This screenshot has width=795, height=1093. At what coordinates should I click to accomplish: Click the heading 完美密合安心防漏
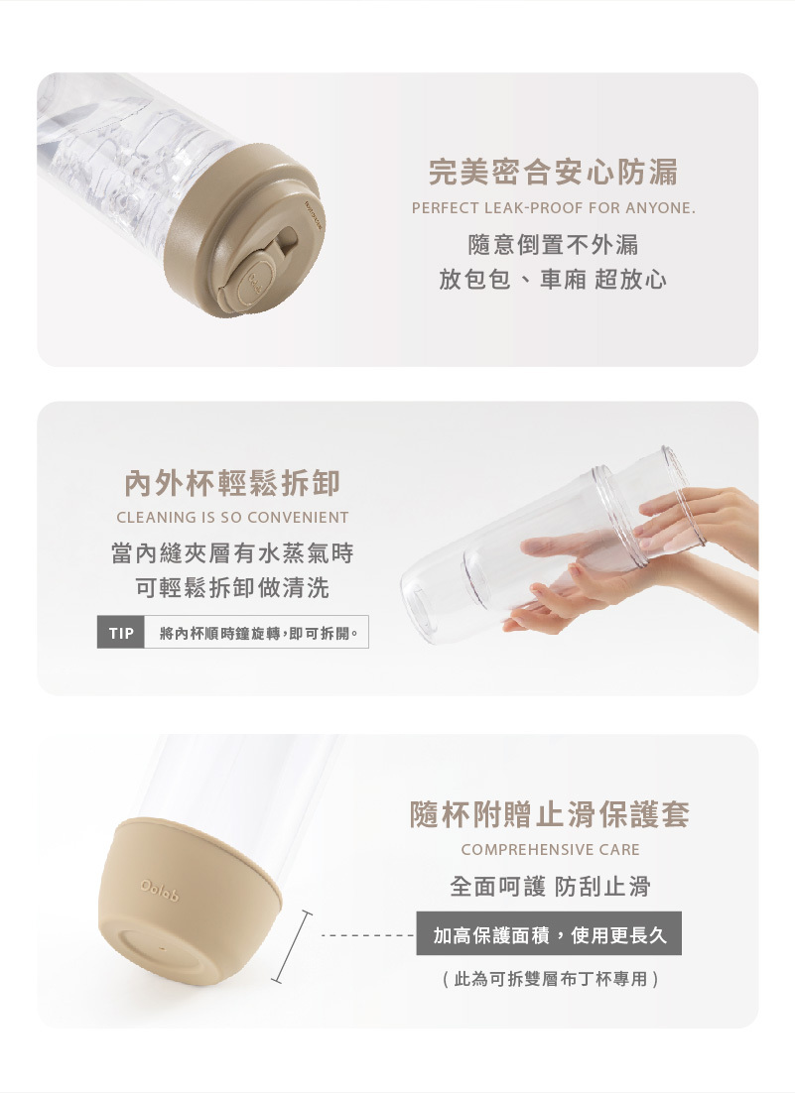(x=553, y=173)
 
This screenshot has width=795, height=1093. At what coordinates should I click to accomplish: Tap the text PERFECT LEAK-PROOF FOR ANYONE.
(x=554, y=207)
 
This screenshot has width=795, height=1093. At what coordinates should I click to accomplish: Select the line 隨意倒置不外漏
(x=553, y=245)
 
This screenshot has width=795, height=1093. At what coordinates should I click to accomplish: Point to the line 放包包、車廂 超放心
(x=553, y=280)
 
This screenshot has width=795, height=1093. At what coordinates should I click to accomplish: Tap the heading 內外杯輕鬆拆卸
(x=232, y=483)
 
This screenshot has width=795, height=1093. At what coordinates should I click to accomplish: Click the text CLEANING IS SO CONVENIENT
(x=232, y=517)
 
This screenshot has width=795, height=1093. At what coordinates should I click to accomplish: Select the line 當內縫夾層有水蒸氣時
(x=232, y=553)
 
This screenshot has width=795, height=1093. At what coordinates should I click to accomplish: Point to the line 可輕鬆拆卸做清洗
(x=232, y=587)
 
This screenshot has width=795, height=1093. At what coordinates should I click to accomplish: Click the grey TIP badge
(x=121, y=633)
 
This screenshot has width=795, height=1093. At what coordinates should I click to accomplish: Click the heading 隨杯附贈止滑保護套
(x=550, y=814)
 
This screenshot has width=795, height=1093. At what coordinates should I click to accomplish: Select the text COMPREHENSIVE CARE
(x=550, y=850)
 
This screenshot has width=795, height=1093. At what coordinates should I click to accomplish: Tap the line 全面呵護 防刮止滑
(x=550, y=886)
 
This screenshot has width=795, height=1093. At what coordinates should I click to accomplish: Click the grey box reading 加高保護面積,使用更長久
(x=549, y=934)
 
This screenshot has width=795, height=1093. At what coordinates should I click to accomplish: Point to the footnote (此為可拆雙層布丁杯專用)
(x=550, y=979)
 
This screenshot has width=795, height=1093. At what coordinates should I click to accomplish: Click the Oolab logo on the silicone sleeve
(x=160, y=891)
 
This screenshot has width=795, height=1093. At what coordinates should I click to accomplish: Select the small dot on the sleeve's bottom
(x=163, y=949)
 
